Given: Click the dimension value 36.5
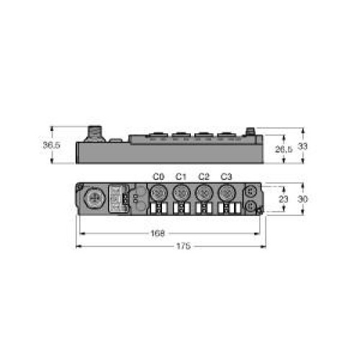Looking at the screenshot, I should point(51,145).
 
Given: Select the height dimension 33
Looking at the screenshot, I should point(304,145).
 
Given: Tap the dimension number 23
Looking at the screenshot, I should point(282,199).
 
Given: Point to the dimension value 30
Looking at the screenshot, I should point(304,198).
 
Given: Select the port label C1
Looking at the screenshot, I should point(181,177).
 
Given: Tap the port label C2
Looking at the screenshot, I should point(204,177).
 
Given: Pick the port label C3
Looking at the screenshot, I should point(226,177).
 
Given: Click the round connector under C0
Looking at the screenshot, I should point(159,193).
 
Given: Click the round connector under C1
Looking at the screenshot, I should point(181,193).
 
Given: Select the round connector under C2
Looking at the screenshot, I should point(204,193).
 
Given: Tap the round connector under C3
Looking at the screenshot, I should point(226,193).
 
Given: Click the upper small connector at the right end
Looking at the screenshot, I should point(250,192).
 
